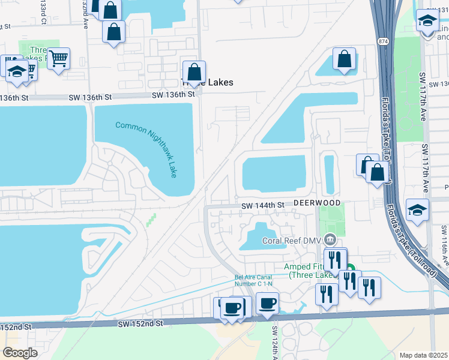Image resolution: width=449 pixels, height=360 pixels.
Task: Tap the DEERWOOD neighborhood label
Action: [317, 203]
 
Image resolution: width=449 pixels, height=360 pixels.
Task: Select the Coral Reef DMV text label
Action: [292, 241]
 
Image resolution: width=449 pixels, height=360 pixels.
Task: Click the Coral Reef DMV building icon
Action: [330, 240]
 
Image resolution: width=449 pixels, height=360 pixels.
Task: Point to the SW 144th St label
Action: [262, 205]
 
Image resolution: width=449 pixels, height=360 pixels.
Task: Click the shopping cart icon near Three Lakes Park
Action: [58, 59]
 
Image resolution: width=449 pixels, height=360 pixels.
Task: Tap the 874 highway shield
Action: [382, 41]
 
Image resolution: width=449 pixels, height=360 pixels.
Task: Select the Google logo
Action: [20, 353]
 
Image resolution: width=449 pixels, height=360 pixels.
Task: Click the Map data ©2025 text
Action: [423, 355]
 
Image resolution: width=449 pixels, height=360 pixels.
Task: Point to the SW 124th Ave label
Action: [275, 340]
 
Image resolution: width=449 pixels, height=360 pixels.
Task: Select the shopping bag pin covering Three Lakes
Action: [194, 73]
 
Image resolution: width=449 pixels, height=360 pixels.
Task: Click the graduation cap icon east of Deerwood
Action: [417, 209]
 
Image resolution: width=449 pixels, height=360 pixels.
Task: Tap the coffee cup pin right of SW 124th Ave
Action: [267, 302]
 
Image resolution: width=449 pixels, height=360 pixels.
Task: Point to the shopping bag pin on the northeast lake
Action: [345, 59]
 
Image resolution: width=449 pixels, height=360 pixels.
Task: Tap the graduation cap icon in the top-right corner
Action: [428, 21]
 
